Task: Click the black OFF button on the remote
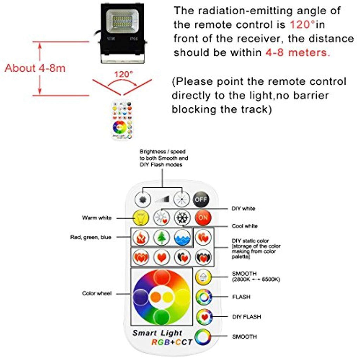click(201, 199)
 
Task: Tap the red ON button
click(203, 217)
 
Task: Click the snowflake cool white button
click(182, 217)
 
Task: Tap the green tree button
click(161, 237)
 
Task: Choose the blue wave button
click(182, 237)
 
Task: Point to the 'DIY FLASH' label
click(246, 317)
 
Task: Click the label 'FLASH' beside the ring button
click(241, 297)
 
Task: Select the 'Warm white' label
click(97, 218)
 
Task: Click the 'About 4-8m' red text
click(35, 68)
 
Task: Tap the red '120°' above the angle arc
click(124, 75)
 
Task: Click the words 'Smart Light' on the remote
click(157, 333)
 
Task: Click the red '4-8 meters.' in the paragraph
click(297, 53)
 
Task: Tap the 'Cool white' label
click(244, 226)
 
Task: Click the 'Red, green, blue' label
click(90, 237)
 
